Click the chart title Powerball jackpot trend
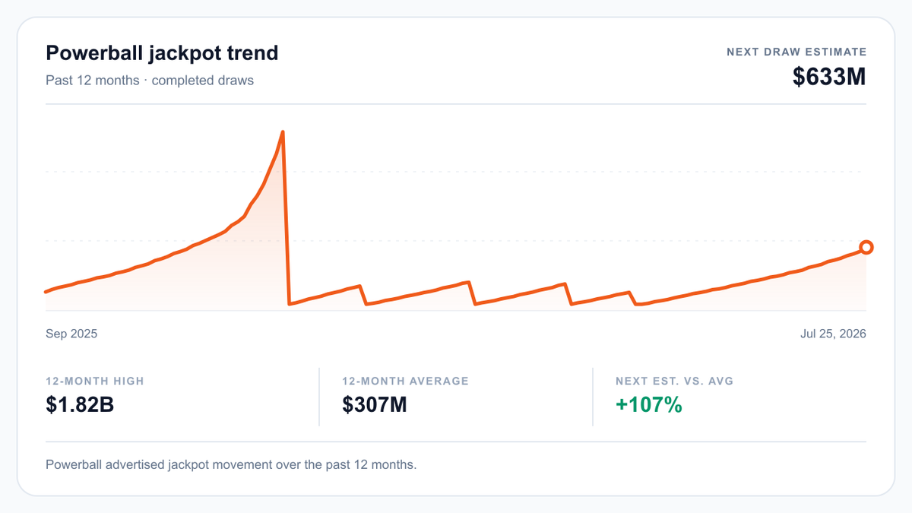click(162, 53)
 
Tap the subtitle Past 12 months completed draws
click(150, 81)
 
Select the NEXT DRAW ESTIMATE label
click(796, 52)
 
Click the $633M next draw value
click(829, 77)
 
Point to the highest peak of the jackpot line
click(283, 131)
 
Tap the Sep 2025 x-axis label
click(71, 334)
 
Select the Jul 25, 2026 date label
click(833, 334)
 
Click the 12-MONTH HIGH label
click(95, 381)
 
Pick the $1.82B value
click(80, 404)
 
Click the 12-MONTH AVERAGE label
click(406, 381)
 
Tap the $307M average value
click(375, 404)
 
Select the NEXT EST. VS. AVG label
click(674, 381)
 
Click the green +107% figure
click(649, 404)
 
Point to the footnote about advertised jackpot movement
click(231, 464)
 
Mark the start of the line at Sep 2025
click(46, 292)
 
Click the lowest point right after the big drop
click(289, 304)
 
